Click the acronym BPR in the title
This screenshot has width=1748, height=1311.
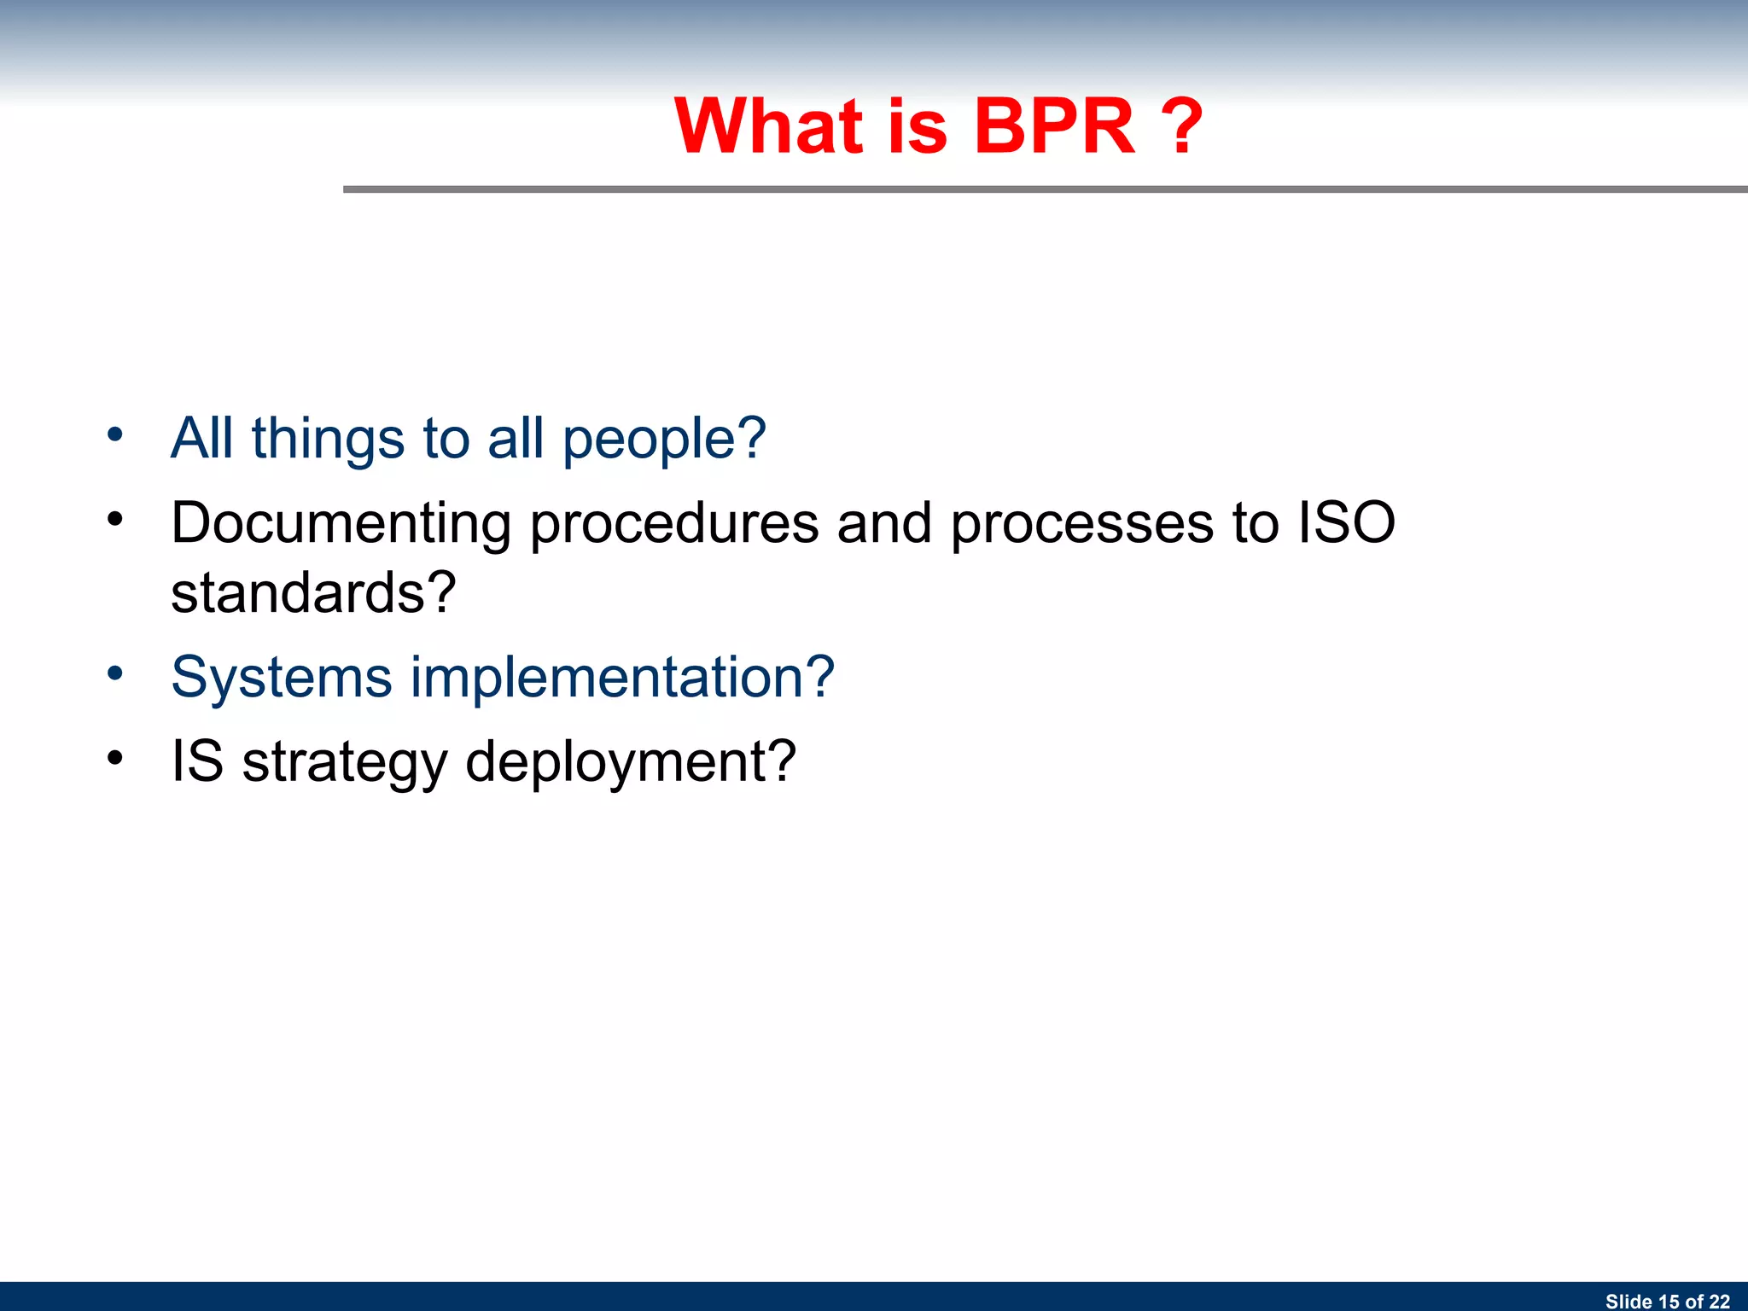tap(1054, 126)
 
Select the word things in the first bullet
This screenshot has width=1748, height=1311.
tap(328, 439)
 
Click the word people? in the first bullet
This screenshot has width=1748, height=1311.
tap(664, 440)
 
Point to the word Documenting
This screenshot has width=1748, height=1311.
tap(341, 524)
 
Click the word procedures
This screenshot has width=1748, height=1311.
tap(674, 524)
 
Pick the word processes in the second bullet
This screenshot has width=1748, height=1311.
tap(1081, 524)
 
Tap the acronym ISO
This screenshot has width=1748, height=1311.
tap(1346, 522)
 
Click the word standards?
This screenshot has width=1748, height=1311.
tap(313, 592)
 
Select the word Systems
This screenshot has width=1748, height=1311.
tap(282, 678)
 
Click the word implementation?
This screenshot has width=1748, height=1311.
tap(622, 678)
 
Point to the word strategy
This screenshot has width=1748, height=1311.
tap(344, 762)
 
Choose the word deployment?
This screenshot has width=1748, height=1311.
tap(630, 762)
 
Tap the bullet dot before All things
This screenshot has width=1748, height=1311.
tap(115, 435)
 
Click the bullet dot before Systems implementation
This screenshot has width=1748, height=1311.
tap(115, 673)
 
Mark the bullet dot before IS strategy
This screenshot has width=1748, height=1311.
tap(115, 757)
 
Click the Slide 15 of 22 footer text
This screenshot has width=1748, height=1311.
tap(1667, 1301)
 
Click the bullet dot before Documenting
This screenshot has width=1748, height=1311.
tap(115, 519)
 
